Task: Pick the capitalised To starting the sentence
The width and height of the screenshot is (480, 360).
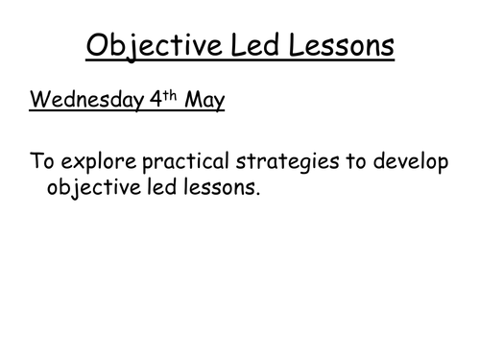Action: [x=42, y=161]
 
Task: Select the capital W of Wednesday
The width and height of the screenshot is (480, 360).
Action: [x=37, y=101]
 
